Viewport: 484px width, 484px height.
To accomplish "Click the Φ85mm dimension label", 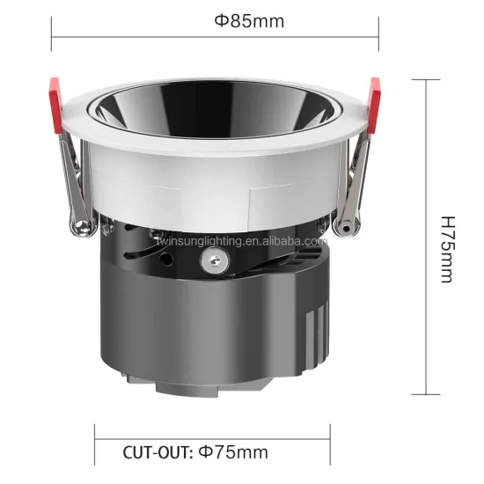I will coord(249,22).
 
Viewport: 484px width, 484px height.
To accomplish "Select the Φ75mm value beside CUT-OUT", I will coord(233,453).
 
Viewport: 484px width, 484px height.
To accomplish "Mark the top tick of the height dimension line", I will coord(426,79).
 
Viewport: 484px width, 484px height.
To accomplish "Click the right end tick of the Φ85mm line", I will coord(378,36).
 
